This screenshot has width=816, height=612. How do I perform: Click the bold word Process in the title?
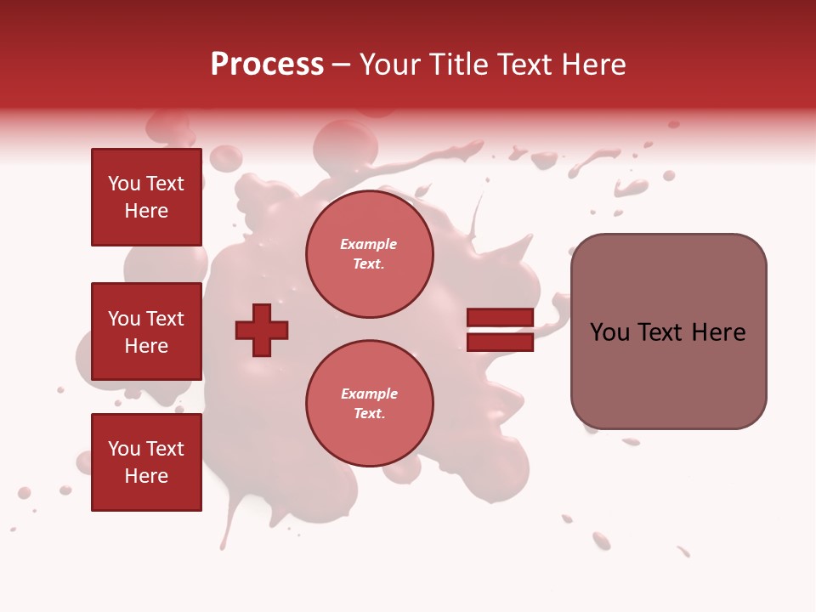tap(267, 65)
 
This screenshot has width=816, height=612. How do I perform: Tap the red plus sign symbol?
tap(262, 330)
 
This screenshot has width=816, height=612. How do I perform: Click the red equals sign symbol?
tap(500, 330)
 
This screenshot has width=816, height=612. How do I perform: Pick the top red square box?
tap(146, 197)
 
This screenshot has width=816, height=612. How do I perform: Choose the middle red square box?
tap(146, 331)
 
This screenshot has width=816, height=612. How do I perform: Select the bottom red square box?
tap(146, 462)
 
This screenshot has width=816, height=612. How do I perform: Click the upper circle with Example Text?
tap(369, 254)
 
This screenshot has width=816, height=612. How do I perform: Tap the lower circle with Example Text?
tap(369, 404)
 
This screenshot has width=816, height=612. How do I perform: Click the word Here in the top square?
tap(146, 211)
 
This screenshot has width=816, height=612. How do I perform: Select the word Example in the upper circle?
tap(369, 245)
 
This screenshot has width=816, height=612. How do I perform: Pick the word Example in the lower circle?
tap(369, 394)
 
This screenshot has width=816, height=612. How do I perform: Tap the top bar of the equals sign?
tap(500, 318)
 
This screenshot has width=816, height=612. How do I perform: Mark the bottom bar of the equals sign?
tap(500, 343)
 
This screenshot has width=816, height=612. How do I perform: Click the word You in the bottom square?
tap(124, 449)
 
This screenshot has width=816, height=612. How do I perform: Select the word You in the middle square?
tap(124, 319)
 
